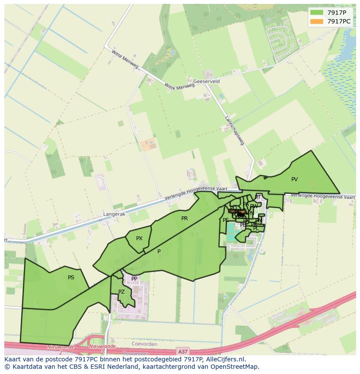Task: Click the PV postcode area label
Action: tap(294, 179)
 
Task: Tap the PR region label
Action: tap(184, 218)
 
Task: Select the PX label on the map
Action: tap(139, 238)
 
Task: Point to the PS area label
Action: tap(71, 277)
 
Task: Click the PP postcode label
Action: tap(134, 279)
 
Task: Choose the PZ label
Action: tap(121, 292)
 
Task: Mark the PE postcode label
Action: tap(226, 220)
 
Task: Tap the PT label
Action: tap(258, 197)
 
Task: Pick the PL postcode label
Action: tap(256, 228)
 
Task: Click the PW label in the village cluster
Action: tap(253, 207)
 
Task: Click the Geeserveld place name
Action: tap(207, 81)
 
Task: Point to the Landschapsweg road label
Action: tap(234, 130)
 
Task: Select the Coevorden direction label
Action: tap(144, 344)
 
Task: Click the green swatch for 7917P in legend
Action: tap(317, 13)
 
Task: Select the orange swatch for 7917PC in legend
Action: tap(317, 21)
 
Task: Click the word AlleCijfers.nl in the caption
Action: tap(224, 359)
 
